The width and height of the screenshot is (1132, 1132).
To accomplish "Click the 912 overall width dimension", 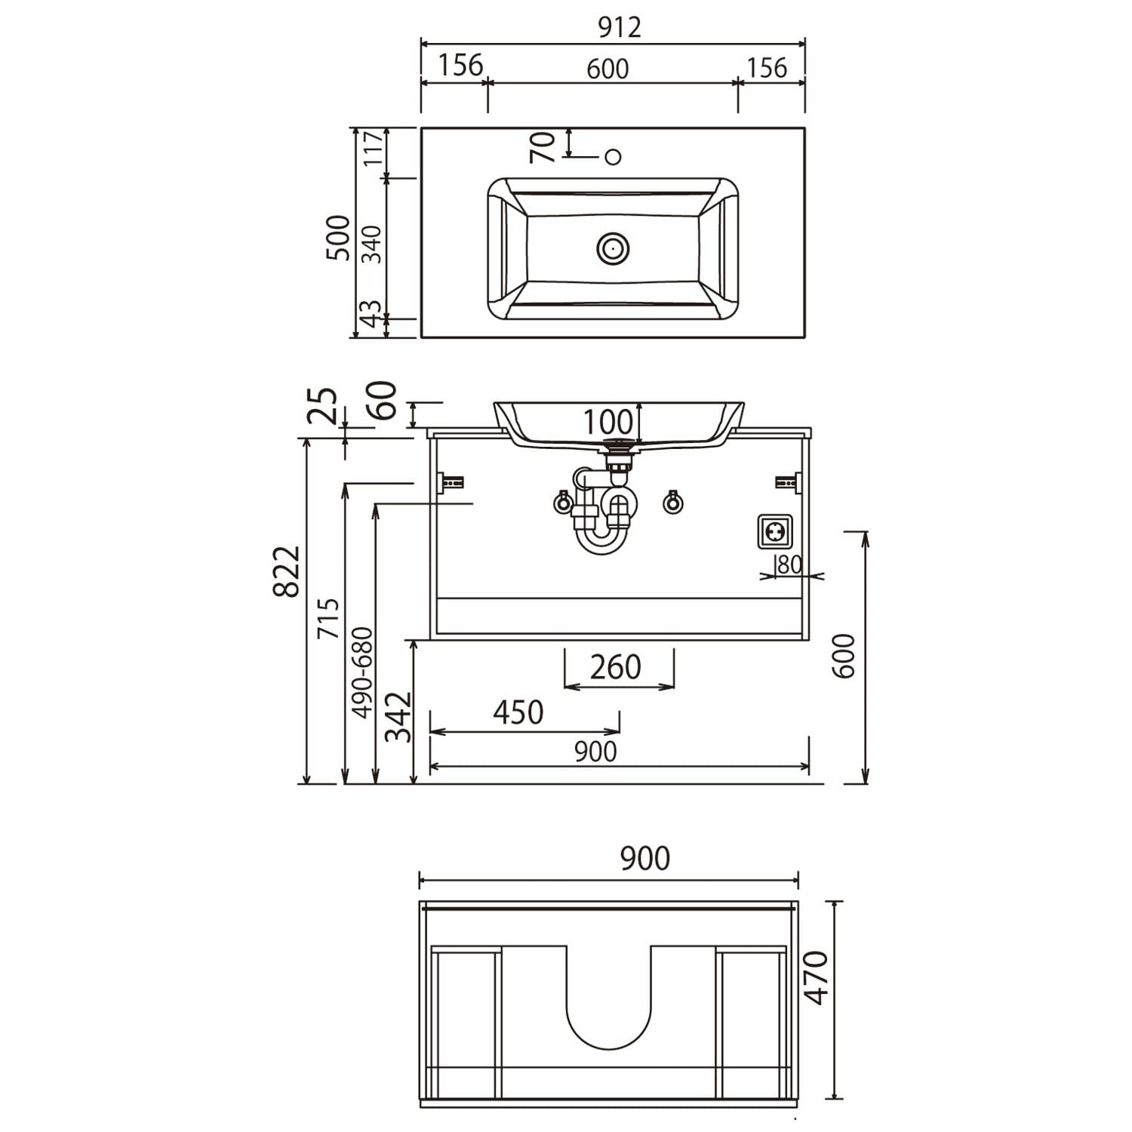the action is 619,27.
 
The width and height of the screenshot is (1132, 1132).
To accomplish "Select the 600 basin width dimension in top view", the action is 608,69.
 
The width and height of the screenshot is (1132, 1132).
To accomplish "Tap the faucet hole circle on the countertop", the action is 614,157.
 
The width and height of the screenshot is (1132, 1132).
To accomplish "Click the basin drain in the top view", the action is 613,248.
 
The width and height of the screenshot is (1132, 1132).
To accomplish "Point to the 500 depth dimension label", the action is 340,238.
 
